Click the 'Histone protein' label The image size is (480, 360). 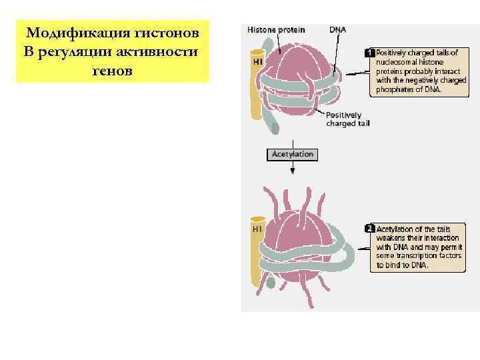pyautogui.click(x=276, y=30)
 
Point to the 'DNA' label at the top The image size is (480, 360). pyautogui.click(x=338, y=30)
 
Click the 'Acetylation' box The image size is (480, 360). pyautogui.click(x=293, y=154)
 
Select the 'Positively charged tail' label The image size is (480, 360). pyautogui.click(x=347, y=119)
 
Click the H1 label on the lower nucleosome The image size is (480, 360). pyautogui.click(x=257, y=228)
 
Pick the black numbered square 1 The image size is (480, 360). pyautogui.click(x=369, y=52)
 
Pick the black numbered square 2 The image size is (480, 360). pyautogui.click(x=369, y=229)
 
